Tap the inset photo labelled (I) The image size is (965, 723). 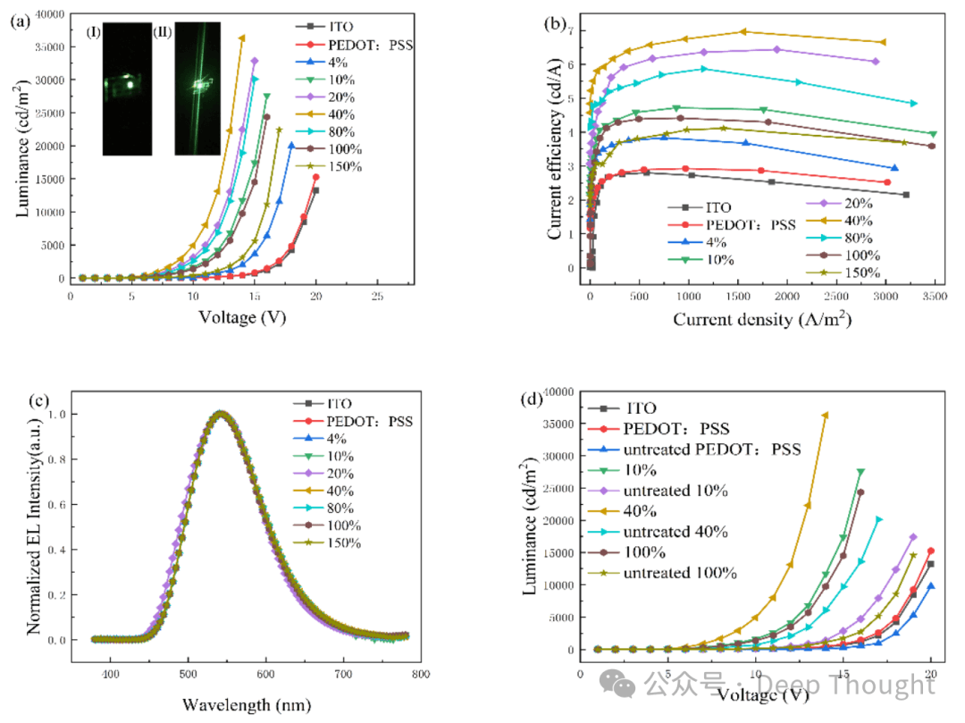click(127, 89)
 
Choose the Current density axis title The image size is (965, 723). click(759, 319)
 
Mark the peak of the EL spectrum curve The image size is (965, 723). click(221, 414)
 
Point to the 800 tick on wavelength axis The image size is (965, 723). click(420, 674)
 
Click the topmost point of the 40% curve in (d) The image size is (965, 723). click(825, 415)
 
